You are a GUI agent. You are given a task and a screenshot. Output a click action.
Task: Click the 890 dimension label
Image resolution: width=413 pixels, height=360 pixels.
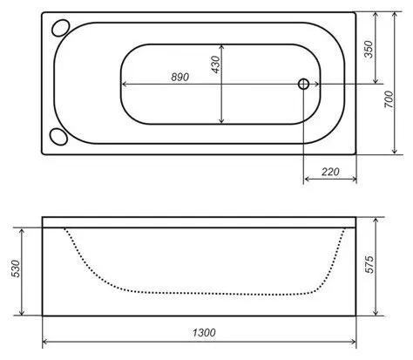point(180,77)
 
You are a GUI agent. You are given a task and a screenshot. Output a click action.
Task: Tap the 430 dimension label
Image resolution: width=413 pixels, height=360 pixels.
point(216,65)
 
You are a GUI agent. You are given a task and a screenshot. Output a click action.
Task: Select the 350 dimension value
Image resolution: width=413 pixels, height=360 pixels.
point(369,50)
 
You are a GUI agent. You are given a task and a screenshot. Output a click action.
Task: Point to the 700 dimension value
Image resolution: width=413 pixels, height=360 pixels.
point(389,99)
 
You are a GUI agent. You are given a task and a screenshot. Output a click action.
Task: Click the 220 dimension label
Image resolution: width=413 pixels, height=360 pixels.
point(330,172)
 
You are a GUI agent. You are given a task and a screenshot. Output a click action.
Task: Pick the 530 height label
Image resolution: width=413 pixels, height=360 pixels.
point(17,268)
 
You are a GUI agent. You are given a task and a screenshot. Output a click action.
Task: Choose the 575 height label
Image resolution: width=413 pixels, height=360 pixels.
point(369,264)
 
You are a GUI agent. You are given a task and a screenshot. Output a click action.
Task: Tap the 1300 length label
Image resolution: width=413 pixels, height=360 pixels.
point(204,332)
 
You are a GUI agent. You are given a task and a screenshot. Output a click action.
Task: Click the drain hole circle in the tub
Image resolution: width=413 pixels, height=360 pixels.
point(303,84)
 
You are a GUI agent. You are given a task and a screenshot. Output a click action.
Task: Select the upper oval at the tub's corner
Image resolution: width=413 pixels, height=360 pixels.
point(60,28)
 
